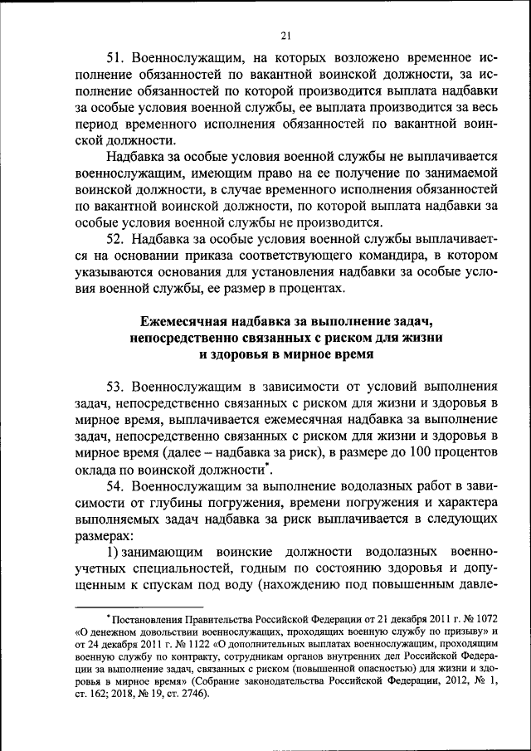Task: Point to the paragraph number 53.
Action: click(x=116, y=387)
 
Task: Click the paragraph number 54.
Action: click(x=116, y=486)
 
